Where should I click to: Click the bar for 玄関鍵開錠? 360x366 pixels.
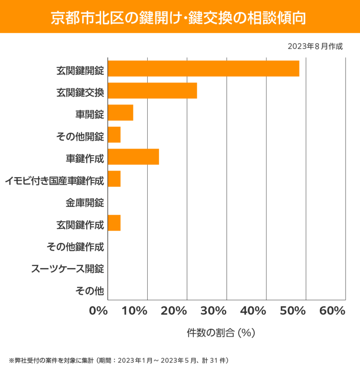coord(203,68)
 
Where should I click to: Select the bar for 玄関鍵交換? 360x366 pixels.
coord(152,91)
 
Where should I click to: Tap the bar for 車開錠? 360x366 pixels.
coord(120,113)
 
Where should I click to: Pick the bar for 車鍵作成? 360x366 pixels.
coord(133,157)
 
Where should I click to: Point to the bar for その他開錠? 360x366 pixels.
coord(114,135)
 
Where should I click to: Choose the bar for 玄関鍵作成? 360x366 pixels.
coord(114,223)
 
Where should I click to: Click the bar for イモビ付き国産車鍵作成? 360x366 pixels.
coord(114,179)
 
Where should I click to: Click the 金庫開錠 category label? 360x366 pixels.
coord(85,203)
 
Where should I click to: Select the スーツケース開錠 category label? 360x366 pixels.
coord(68,269)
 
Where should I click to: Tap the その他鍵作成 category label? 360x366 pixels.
coord(75,247)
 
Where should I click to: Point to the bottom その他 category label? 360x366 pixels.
coord(89,290)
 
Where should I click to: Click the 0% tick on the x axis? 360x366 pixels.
coord(99,311)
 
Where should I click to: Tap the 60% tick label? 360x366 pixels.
coord(332,311)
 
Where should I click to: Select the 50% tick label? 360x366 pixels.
coord(292,311)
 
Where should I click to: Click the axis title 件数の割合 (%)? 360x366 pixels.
coord(221,333)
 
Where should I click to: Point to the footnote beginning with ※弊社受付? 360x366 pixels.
coord(118,360)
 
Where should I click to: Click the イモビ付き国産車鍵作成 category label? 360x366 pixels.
coord(55,181)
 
